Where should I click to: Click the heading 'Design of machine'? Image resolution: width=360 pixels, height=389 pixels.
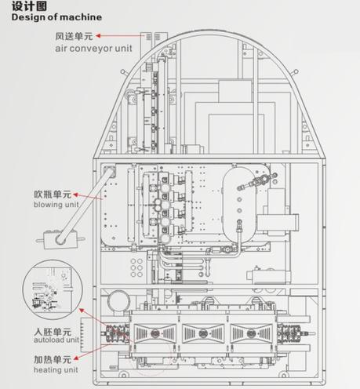(x=56, y=17)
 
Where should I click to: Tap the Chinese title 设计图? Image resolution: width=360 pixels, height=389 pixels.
(x=29, y=6)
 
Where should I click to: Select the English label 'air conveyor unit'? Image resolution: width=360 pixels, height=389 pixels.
(x=93, y=49)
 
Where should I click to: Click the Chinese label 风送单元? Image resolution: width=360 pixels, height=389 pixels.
(x=74, y=36)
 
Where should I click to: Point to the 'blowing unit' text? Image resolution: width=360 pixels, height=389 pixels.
(x=56, y=205)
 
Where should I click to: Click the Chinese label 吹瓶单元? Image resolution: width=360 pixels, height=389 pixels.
(x=53, y=194)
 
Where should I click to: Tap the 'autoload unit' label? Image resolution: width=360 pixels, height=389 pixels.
(x=56, y=340)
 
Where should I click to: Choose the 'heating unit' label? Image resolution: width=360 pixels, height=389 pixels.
(x=56, y=369)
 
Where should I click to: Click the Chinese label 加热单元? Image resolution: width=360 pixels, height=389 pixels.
(x=53, y=360)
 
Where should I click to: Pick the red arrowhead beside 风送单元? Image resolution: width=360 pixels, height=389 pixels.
(x=98, y=36)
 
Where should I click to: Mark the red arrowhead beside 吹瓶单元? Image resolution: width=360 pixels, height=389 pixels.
(x=75, y=194)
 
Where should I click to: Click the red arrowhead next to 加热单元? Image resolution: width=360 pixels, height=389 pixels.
(x=76, y=358)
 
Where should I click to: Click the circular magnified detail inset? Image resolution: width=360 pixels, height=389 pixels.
(x=53, y=289)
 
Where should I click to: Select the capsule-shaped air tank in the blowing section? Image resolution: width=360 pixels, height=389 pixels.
(x=239, y=204)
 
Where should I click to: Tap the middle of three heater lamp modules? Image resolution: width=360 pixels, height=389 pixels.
(x=203, y=333)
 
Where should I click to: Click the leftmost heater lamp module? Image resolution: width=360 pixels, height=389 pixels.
(x=155, y=333)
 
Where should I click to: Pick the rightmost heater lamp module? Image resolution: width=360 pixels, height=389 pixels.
(x=252, y=333)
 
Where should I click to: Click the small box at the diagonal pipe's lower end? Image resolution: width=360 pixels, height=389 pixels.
(x=60, y=239)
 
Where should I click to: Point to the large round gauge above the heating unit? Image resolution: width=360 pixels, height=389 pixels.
(x=119, y=301)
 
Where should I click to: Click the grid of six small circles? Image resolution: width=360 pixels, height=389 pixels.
(x=136, y=267)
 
